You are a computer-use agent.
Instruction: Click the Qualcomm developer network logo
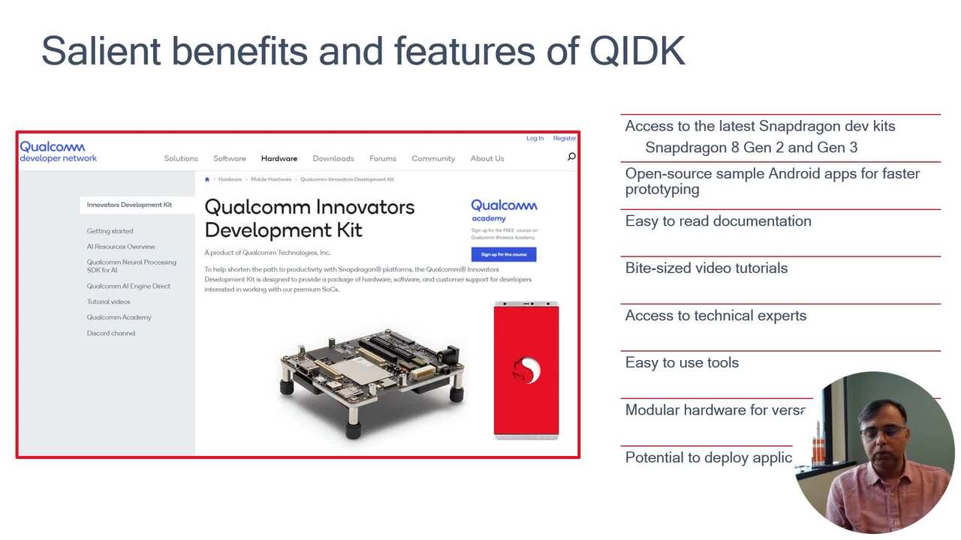(x=58, y=151)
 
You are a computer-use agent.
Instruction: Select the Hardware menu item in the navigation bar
(x=279, y=158)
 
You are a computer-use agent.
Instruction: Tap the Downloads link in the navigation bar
(x=333, y=158)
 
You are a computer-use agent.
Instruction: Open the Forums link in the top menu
(x=382, y=158)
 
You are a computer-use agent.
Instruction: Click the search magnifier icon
(x=571, y=157)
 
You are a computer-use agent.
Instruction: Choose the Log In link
(x=535, y=138)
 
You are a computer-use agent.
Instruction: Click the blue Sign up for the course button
(x=503, y=254)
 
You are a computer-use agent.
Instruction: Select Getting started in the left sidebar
(x=110, y=231)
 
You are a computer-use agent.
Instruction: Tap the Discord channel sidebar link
(x=111, y=333)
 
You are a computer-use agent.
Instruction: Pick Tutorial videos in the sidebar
(x=108, y=301)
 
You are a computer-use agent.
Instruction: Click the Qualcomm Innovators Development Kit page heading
(x=309, y=218)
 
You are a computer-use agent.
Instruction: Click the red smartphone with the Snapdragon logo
(x=526, y=370)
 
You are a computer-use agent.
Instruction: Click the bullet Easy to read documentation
(x=718, y=221)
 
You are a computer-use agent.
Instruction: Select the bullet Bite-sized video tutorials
(x=706, y=268)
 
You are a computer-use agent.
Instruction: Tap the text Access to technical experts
(x=715, y=316)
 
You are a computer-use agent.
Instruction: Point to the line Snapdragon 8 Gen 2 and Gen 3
(x=751, y=148)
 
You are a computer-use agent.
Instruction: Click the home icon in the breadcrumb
(x=207, y=179)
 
